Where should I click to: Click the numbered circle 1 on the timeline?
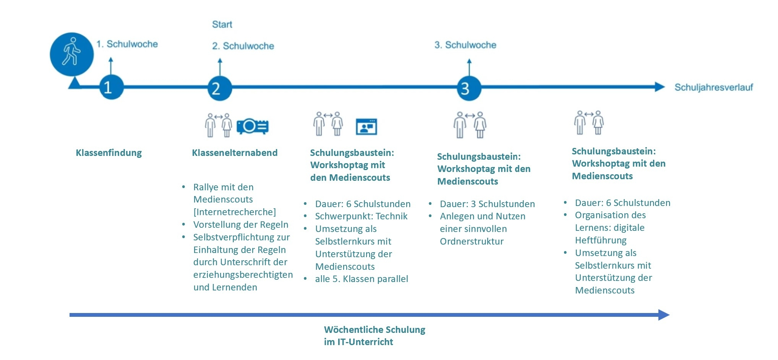pyautogui.click(x=111, y=87)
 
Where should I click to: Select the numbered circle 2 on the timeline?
pyautogui.click(x=219, y=88)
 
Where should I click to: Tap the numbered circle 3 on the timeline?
pyautogui.click(x=469, y=88)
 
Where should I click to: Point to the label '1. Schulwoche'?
pyautogui.click(x=127, y=44)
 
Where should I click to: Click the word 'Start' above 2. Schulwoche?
pyautogui.click(x=222, y=24)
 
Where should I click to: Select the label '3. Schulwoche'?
pyautogui.click(x=465, y=45)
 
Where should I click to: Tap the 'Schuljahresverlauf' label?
pyautogui.click(x=713, y=88)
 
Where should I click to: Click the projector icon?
pyautogui.click(x=253, y=126)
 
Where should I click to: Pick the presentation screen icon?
pyautogui.click(x=366, y=127)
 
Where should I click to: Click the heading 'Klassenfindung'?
pyautogui.click(x=109, y=153)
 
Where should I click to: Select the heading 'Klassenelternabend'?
pyautogui.click(x=235, y=153)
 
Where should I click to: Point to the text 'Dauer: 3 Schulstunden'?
pyautogui.click(x=487, y=204)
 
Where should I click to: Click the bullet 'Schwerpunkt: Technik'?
pyautogui.click(x=361, y=216)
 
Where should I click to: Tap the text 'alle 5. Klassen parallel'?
pyautogui.click(x=361, y=279)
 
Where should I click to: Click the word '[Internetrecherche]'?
pyautogui.click(x=234, y=212)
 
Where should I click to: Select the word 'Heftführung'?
pyautogui.click(x=600, y=240)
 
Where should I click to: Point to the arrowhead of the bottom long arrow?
pyautogui.click(x=664, y=315)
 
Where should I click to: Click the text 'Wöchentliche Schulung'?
pyautogui.click(x=374, y=329)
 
